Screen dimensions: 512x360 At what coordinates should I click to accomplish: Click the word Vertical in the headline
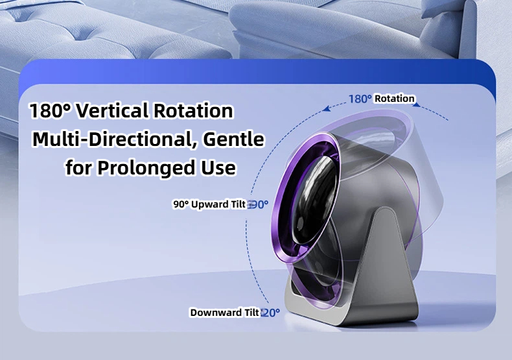pyautogui.click(x=112, y=110)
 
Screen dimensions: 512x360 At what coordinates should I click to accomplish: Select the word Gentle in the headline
pyautogui.click(x=233, y=139)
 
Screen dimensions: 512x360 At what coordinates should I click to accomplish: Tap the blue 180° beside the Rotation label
pyautogui.click(x=360, y=99)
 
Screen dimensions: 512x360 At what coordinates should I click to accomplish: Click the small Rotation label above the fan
pyautogui.click(x=395, y=99)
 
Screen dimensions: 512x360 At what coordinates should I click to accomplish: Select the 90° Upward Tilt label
pyautogui.click(x=209, y=204)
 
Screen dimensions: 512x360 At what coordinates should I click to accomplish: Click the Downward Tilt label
pyautogui.click(x=225, y=313)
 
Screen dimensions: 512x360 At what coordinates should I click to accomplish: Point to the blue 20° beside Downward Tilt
pyautogui.click(x=271, y=313)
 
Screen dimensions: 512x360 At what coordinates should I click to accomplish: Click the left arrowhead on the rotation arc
pyautogui.click(x=327, y=109)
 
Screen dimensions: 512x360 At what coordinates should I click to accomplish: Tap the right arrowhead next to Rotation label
pyautogui.click(x=416, y=104)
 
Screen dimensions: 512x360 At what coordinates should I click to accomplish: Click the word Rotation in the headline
pyautogui.click(x=193, y=110)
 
